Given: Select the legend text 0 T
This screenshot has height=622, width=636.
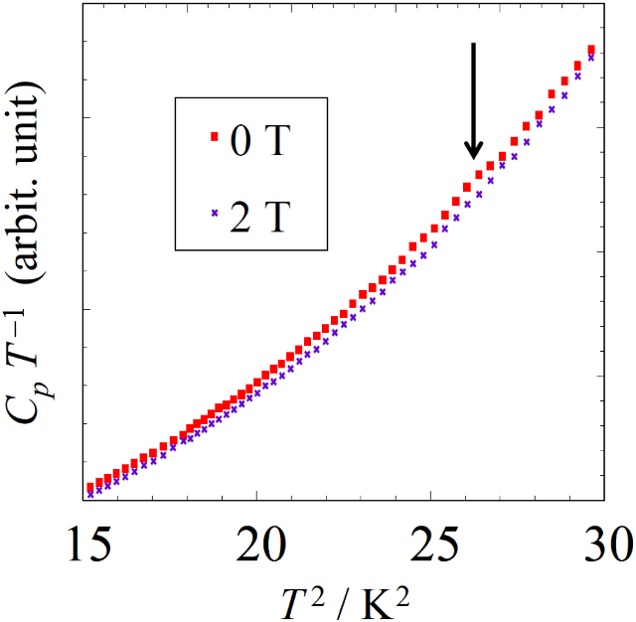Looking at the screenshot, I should pyautogui.click(x=259, y=139).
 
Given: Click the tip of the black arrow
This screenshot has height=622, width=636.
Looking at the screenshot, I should pyautogui.click(x=474, y=159).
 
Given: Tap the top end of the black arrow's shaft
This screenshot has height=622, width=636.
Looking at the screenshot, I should pyautogui.click(x=474, y=44).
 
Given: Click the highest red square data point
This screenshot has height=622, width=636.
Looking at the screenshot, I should pyautogui.click(x=591, y=50).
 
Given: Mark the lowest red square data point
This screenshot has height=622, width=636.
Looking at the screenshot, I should pyautogui.click(x=89, y=488).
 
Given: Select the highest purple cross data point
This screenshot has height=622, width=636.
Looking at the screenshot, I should pyautogui.click(x=591, y=57).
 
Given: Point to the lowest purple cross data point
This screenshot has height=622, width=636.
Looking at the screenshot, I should pyautogui.click(x=89, y=494).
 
